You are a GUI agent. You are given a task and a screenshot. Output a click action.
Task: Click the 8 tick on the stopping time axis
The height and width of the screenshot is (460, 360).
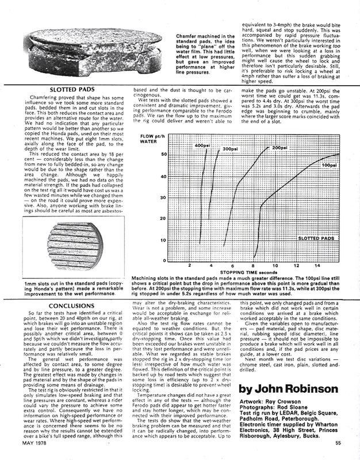pos(255,266)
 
